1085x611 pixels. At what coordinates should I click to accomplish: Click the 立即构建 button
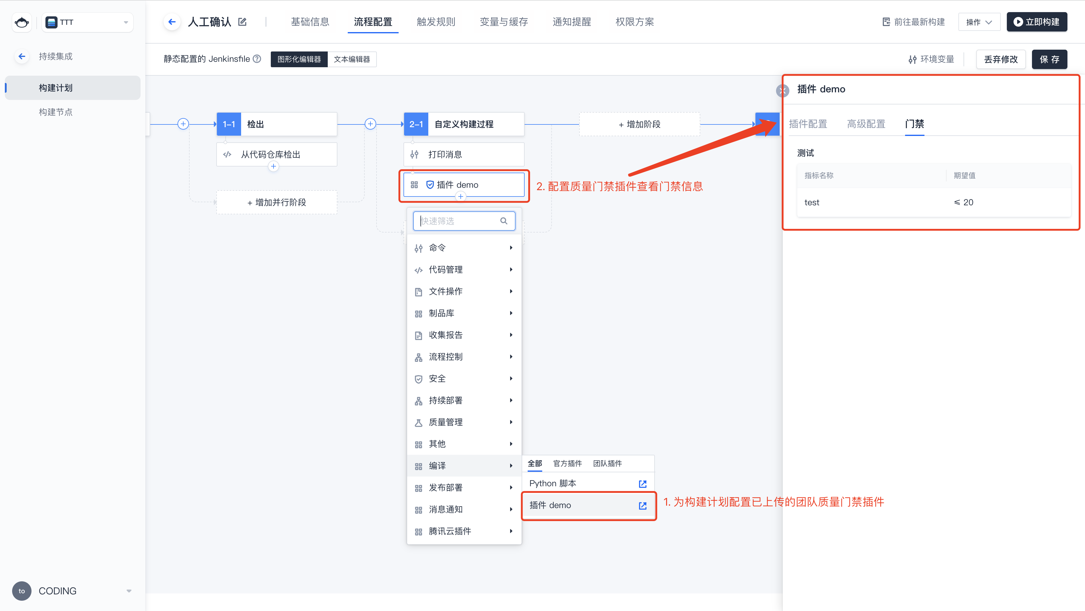pos(1037,22)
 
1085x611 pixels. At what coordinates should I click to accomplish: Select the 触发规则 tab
pos(436,22)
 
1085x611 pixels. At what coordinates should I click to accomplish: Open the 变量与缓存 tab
pos(504,22)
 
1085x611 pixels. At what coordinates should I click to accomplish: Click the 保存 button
pos(1049,59)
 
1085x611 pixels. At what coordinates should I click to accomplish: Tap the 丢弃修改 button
pos(1001,59)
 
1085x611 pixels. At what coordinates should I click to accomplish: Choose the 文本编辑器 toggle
pos(352,59)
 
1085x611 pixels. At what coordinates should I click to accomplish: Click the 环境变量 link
pos(931,59)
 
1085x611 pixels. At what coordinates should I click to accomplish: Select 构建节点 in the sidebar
pos(56,112)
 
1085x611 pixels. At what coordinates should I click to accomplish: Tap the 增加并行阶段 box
pos(277,203)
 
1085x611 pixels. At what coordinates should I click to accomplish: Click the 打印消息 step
pos(464,154)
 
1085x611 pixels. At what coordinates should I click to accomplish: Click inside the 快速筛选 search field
pos(464,221)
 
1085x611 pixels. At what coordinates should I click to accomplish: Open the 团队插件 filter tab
pos(607,464)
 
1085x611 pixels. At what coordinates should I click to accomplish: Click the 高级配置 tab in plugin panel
pos(866,124)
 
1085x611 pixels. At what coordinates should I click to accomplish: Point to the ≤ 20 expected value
pos(964,203)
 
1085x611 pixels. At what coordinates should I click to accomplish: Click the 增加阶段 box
pos(639,124)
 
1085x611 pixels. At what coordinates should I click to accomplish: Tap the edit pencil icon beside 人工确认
pos(242,22)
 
